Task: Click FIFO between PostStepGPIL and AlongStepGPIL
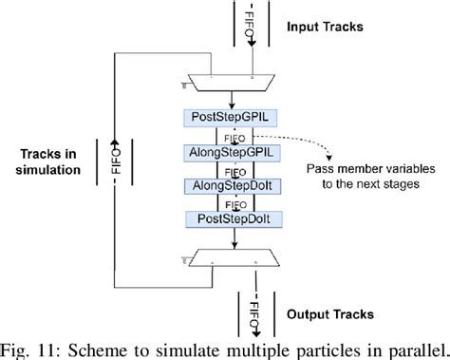point(234,136)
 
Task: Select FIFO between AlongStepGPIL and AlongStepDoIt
point(234,169)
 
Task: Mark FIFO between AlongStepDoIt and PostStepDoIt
point(234,202)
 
